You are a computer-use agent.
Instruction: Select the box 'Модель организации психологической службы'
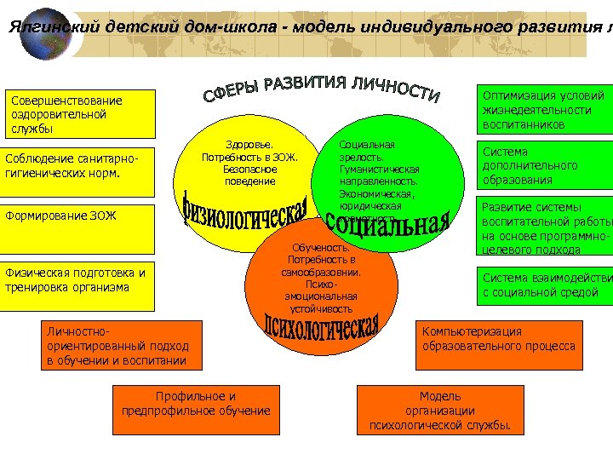tap(440, 411)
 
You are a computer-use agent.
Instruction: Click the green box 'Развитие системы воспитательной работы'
tap(545, 227)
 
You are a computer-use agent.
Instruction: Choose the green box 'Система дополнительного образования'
tap(545, 166)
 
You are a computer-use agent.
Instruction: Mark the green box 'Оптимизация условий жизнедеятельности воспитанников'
tap(545, 109)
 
